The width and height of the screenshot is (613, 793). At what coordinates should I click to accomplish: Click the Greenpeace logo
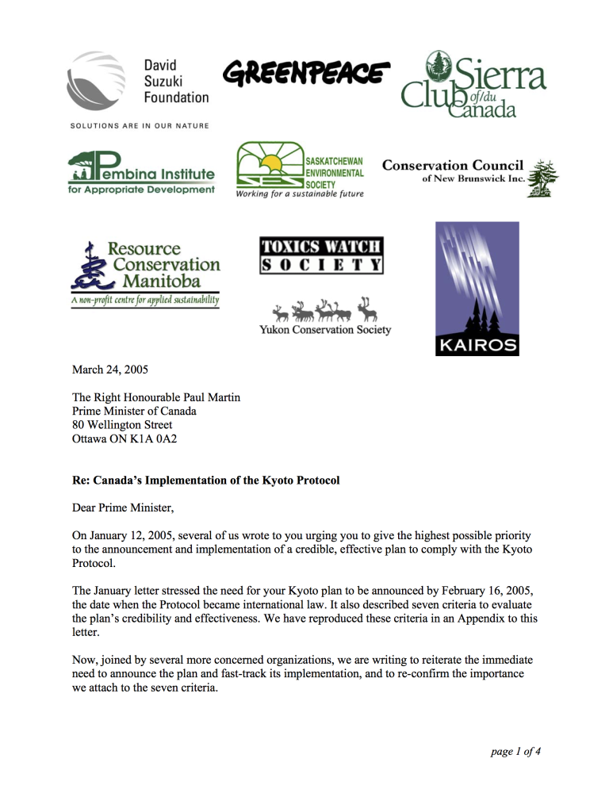pyautogui.click(x=307, y=74)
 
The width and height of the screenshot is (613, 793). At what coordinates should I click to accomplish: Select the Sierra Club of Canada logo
pyautogui.click(x=473, y=84)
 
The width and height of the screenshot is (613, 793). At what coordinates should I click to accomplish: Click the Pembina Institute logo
pyautogui.click(x=141, y=174)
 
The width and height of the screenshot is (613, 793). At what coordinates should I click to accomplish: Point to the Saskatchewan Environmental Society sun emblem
pyautogui.click(x=270, y=164)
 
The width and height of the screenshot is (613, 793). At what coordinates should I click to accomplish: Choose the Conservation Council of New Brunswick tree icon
pyautogui.click(x=542, y=174)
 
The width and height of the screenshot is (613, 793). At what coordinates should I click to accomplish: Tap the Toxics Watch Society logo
pyautogui.click(x=321, y=255)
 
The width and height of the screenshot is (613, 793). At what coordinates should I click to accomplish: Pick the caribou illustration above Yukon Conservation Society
pyautogui.click(x=324, y=307)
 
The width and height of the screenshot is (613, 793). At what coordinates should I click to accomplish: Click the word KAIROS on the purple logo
pyautogui.click(x=477, y=345)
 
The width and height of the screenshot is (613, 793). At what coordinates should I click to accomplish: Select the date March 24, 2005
pyautogui.click(x=109, y=370)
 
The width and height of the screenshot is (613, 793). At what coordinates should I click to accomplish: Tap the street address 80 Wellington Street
pyautogui.click(x=121, y=424)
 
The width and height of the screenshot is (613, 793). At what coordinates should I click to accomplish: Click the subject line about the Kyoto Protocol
pyautogui.click(x=205, y=481)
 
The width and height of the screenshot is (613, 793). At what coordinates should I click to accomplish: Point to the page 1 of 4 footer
pyautogui.click(x=515, y=752)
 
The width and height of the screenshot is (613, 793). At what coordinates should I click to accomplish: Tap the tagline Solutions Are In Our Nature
pyautogui.click(x=140, y=125)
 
